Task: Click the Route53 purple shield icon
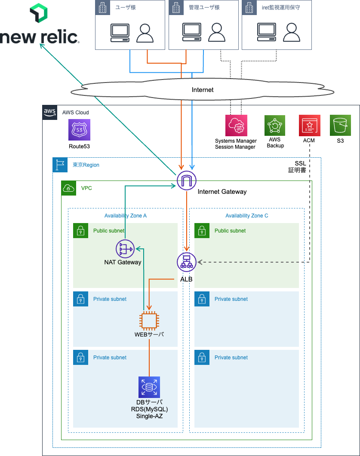(79, 130)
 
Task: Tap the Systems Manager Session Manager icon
(236, 125)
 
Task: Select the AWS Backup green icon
(275, 125)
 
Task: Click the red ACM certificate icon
(309, 125)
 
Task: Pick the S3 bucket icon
(341, 125)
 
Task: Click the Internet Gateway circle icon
(186, 181)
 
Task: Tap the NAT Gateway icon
(125, 249)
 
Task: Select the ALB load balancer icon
(186, 262)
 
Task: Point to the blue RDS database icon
(149, 387)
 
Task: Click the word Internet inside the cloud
(203, 90)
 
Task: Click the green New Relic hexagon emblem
(39, 14)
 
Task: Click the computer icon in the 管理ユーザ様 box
(191, 33)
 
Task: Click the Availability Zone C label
(246, 216)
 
